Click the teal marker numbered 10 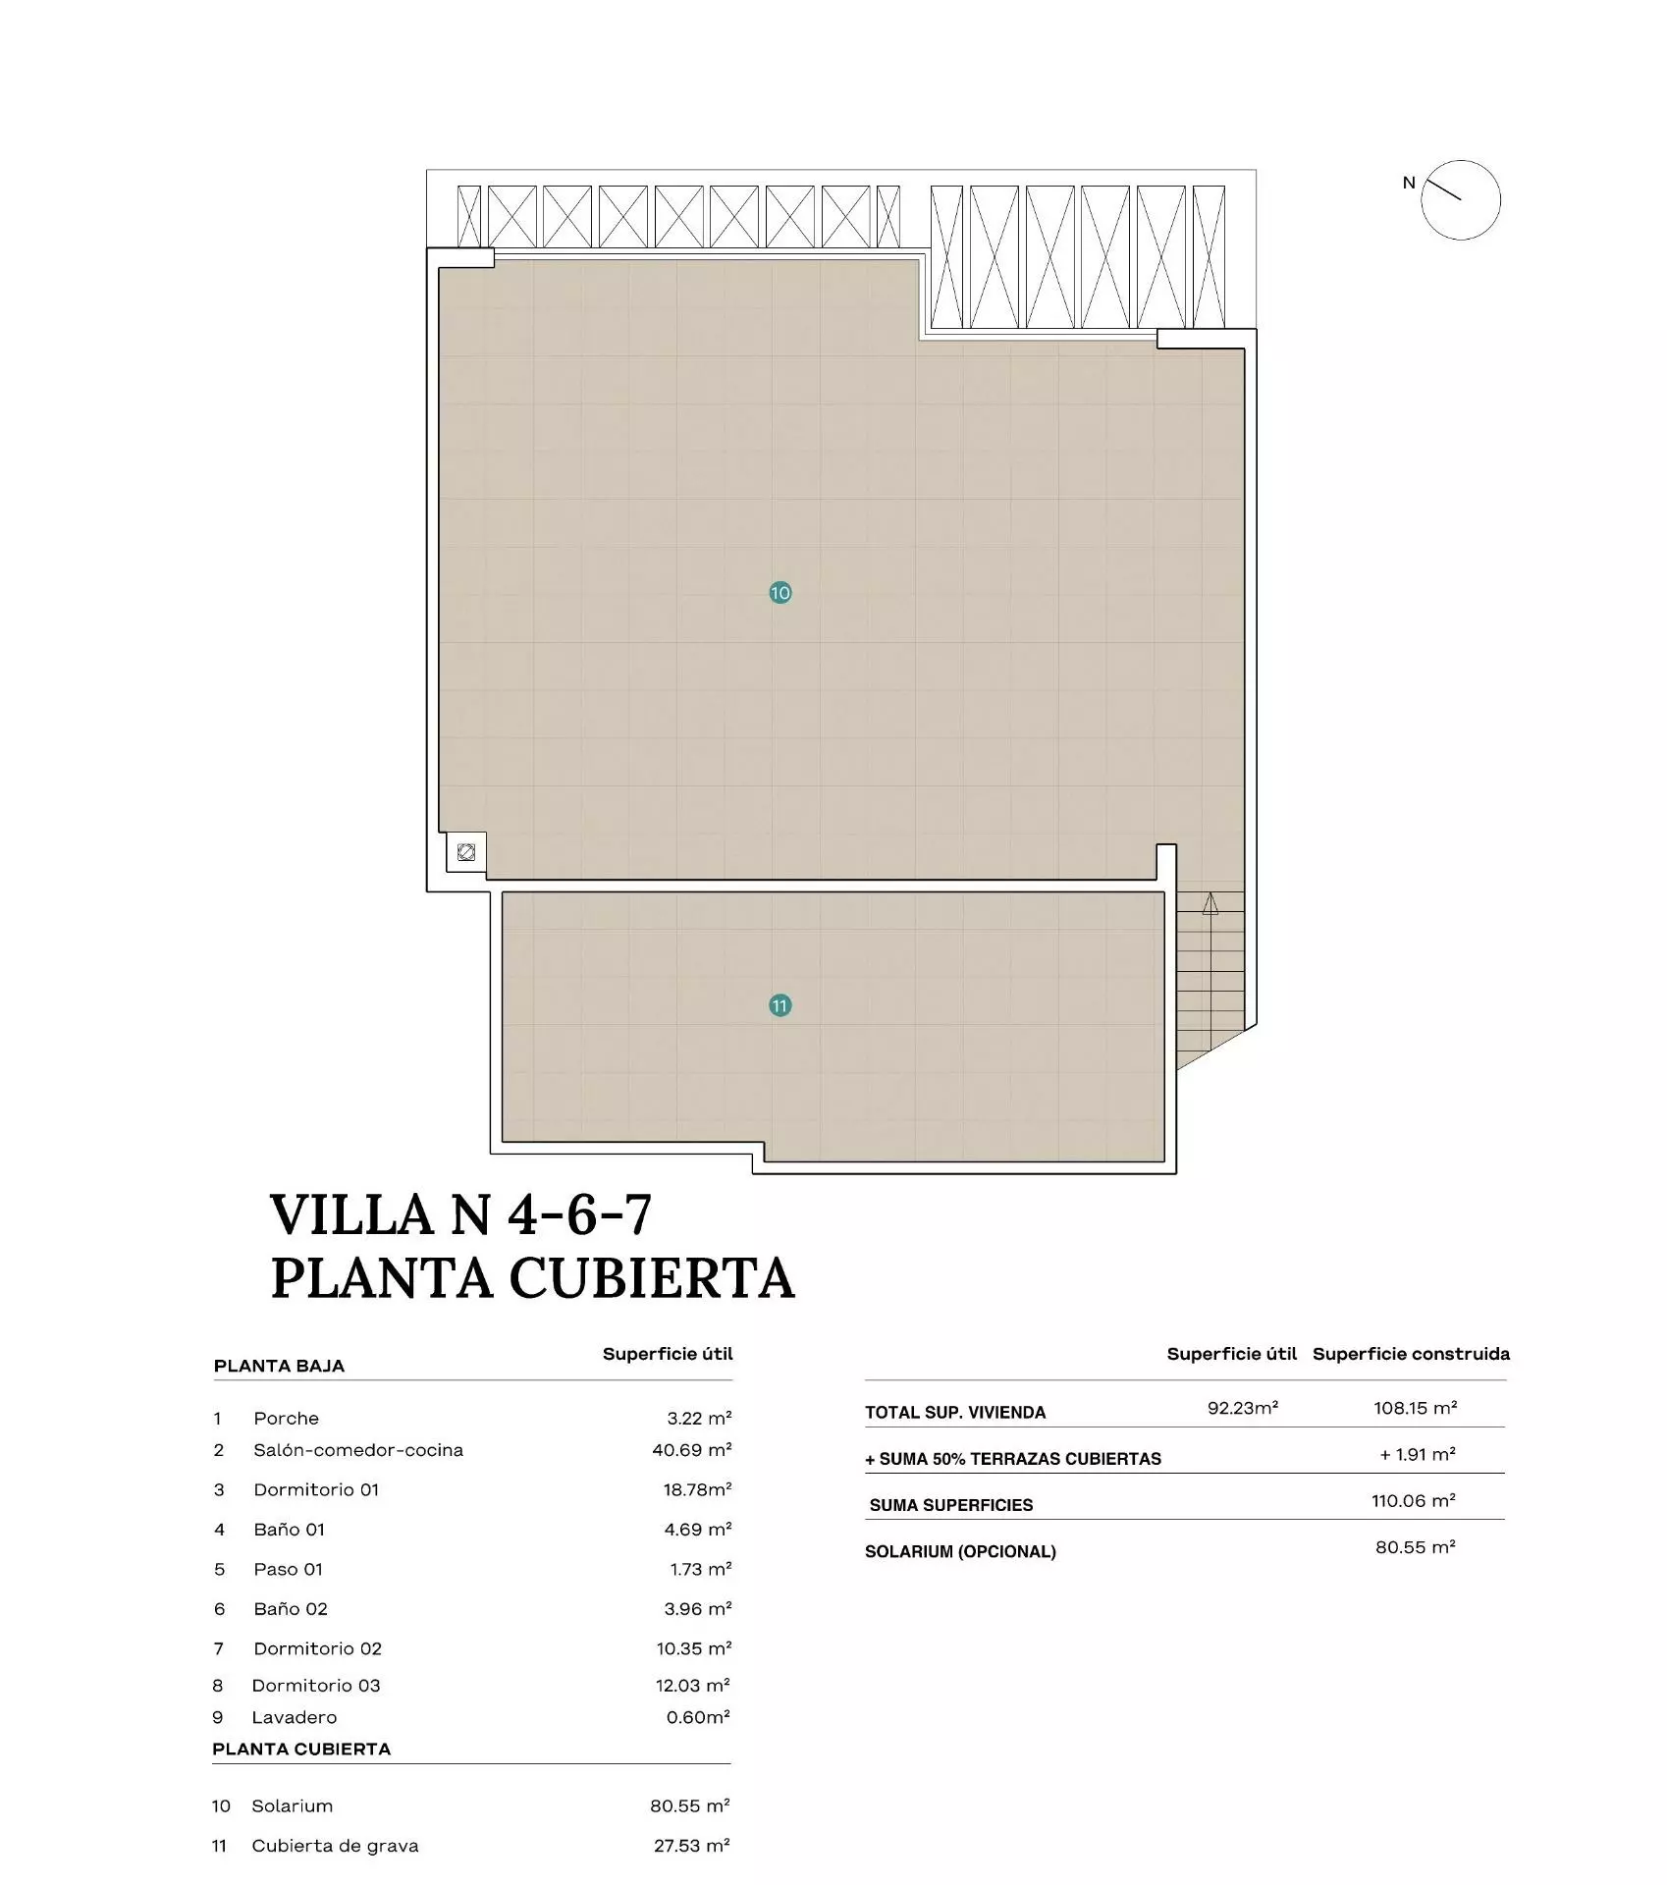tap(780, 593)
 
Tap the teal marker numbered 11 tap(780, 1006)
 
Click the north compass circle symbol tap(1461, 200)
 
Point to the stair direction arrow tap(1210, 903)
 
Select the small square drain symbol tap(466, 852)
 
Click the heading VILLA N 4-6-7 tap(461, 1215)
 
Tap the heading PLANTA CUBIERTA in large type tap(533, 1278)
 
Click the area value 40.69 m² tap(692, 1450)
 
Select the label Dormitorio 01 tap(316, 1489)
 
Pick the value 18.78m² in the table tap(698, 1489)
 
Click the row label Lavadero tap(295, 1717)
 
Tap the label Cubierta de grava tap(335, 1846)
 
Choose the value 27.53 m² tap(692, 1846)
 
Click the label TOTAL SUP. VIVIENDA tap(955, 1413)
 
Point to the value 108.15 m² tap(1416, 1408)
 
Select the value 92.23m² tap(1243, 1408)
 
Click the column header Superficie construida tap(1412, 1354)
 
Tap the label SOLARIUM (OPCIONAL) tap(960, 1552)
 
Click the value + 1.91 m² tap(1418, 1454)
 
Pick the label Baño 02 tap(291, 1609)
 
